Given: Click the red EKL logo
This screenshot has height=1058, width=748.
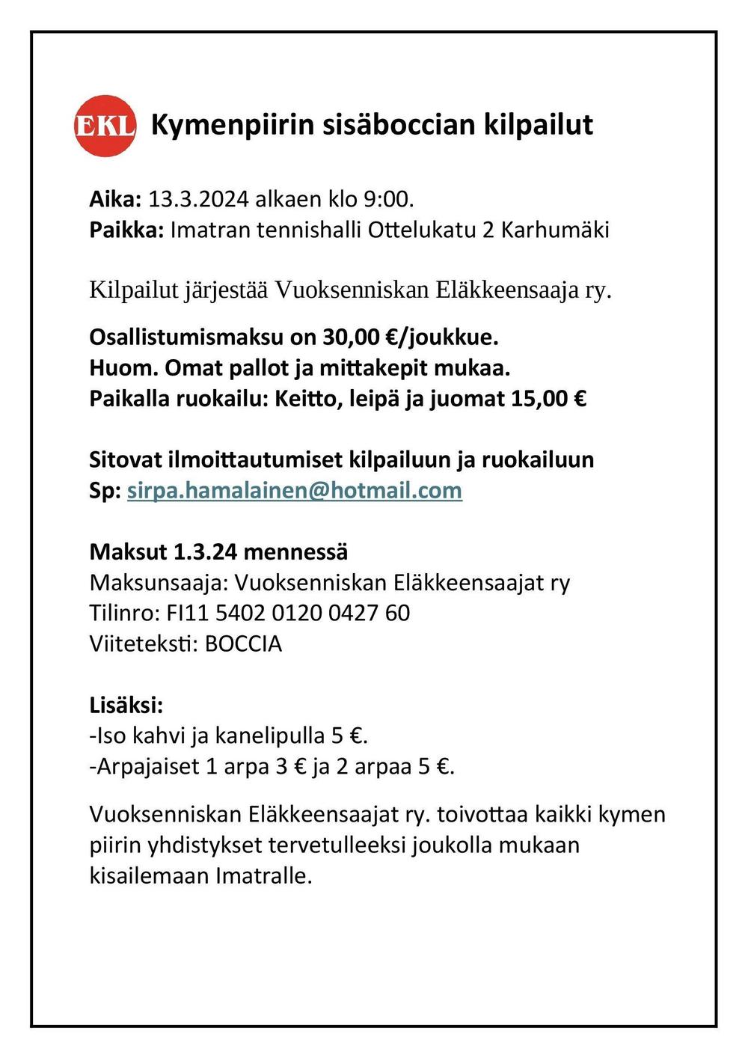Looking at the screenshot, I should point(105,126).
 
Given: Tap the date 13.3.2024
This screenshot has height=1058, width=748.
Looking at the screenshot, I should point(198,199).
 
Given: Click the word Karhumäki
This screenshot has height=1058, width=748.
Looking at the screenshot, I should point(555,229).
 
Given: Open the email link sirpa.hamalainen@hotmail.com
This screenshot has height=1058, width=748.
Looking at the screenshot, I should point(295,491).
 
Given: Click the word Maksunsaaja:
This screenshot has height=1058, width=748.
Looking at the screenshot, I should point(159,583).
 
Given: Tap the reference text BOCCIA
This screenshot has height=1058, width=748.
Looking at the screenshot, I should point(243,644).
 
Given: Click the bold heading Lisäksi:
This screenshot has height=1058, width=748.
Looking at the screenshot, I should point(126,706).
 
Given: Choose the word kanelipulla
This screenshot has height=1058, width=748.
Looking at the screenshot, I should point(270,736).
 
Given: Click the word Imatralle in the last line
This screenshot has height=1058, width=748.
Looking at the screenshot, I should point(263,875).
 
